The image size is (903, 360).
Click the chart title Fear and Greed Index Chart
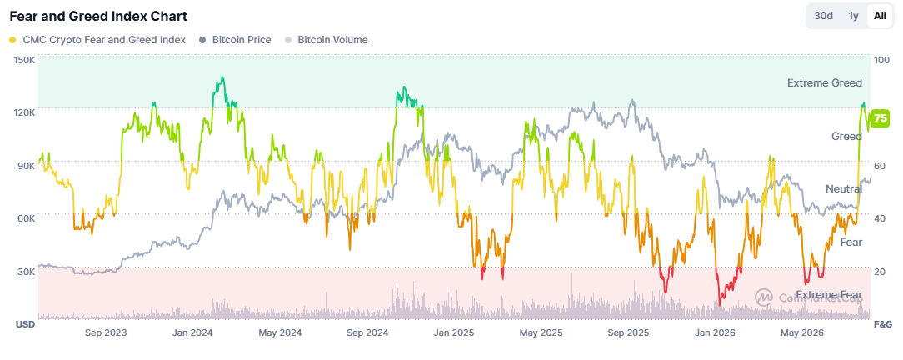tap(98, 16)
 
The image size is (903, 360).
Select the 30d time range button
tap(824, 16)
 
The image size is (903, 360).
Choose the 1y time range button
tap(854, 16)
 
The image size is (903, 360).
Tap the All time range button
tap(880, 16)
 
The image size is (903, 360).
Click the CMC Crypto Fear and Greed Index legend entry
tap(97, 40)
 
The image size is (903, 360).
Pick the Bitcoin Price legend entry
tap(234, 40)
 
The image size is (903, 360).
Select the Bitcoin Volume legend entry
tap(326, 40)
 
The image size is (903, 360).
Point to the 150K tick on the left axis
tap(25, 60)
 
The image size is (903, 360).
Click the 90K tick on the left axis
tap(25, 166)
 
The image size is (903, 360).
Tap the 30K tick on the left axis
tap(25, 272)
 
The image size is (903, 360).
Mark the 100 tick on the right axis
tap(881, 60)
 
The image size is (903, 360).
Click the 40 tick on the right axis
tap(880, 218)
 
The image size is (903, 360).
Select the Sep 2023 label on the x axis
tap(106, 332)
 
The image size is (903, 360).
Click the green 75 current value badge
tap(881, 118)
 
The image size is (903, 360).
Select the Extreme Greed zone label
tap(825, 83)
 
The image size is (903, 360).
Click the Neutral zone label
tap(844, 189)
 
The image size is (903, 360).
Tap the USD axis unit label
tap(25, 324)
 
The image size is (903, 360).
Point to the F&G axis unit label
tap(883, 324)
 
